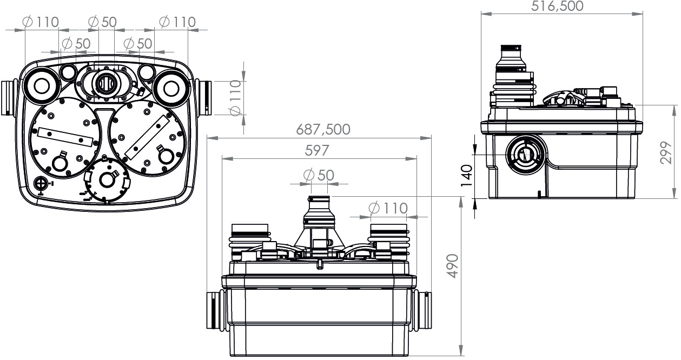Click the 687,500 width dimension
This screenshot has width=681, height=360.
pyautogui.click(x=323, y=129)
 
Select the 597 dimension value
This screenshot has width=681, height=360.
pyautogui.click(x=317, y=150)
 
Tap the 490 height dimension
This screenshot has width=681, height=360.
pyautogui.click(x=453, y=266)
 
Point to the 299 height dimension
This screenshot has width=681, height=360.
pyautogui.click(x=666, y=152)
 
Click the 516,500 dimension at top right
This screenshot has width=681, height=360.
pyautogui.click(x=557, y=6)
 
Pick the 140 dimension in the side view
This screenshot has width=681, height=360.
pyautogui.click(x=466, y=176)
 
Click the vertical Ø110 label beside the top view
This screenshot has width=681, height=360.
pyautogui.click(x=236, y=98)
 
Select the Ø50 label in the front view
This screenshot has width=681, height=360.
pyautogui.click(x=319, y=175)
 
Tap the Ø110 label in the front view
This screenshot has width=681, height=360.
pyautogui.click(x=388, y=209)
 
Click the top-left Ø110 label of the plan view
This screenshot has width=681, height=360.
pyautogui.click(x=41, y=22)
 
